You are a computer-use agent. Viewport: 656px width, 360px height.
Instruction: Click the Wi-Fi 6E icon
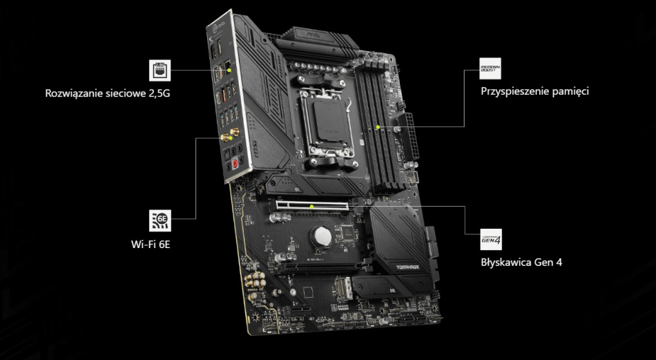click(x=160, y=220)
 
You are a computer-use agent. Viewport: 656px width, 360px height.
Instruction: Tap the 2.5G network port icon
click(x=160, y=70)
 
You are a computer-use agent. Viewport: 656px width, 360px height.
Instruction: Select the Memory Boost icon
click(x=490, y=70)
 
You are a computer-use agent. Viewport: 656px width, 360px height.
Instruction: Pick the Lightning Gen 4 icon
click(x=490, y=240)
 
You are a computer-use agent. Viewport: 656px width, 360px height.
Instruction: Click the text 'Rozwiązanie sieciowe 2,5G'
click(x=107, y=92)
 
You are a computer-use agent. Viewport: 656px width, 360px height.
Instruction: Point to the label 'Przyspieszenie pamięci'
click(x=534, y=91)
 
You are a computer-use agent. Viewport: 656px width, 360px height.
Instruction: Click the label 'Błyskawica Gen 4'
click(x=521, y=263)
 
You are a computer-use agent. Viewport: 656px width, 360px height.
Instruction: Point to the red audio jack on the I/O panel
click(x=235, y=164)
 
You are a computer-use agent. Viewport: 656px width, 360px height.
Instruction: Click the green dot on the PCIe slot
click(x=313, y=205)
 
